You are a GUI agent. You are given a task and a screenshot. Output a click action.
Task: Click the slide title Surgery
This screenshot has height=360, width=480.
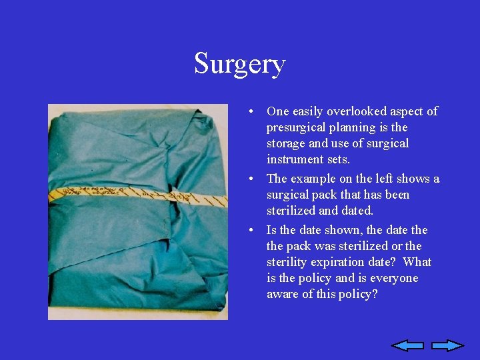(x=240, y=65)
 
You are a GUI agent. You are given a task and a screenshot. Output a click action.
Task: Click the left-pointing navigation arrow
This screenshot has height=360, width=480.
(x=407, y=345)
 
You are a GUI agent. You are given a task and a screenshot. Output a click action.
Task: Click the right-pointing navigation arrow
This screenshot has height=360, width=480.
(x=447, y=345)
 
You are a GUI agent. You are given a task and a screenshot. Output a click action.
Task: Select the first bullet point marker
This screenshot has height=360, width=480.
(x=248, y=112)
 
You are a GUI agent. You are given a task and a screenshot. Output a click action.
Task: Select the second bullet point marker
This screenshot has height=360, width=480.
(x=248, y=179)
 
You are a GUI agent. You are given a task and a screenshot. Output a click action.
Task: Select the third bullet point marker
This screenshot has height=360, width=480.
(x=248, y=231)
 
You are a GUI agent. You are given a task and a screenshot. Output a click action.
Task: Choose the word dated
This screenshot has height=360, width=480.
(x=358, y=211)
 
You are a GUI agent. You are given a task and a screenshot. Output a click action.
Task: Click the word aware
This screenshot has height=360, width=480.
(x=283, y=294)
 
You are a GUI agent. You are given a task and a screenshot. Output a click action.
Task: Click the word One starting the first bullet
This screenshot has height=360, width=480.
(x=277, y=111)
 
